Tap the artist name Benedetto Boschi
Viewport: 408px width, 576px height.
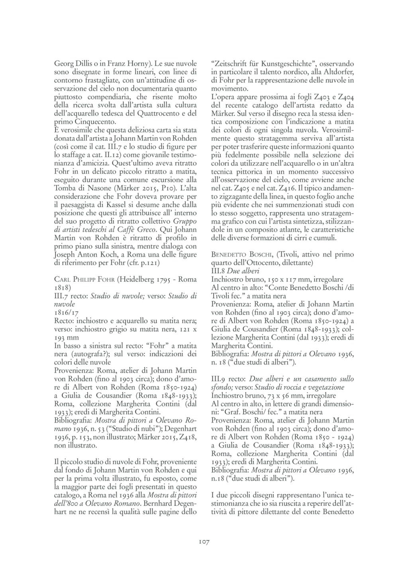tap(241, 255)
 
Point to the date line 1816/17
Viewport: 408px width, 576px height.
tap(66, 313)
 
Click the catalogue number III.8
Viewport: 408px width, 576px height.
tap(218, 271)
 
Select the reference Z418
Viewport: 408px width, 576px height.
tap(188, 436)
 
